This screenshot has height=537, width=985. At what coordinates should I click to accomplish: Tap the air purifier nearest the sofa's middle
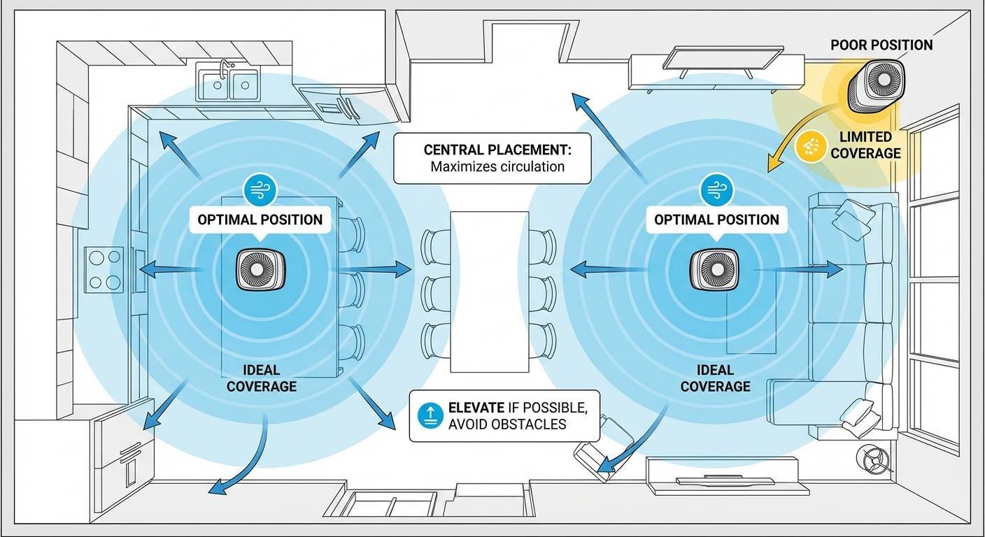(x=715, y=269)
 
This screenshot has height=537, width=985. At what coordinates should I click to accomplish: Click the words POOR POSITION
(x=881, y=45)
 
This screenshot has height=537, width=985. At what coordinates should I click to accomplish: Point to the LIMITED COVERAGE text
(x=866, y=145)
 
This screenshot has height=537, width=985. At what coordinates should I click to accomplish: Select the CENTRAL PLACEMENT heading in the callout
(x=497, y=150)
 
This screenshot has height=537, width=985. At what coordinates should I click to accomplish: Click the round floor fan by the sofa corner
(x=874, y=459)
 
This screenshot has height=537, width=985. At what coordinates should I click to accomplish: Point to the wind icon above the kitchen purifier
(x=260, y=189)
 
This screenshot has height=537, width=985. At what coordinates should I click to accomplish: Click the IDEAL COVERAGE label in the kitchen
(x=261, y=378)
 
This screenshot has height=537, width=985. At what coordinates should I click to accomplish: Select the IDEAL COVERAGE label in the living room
(x=715, y=378)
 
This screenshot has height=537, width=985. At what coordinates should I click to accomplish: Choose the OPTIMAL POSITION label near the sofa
(x=716, y=220)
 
